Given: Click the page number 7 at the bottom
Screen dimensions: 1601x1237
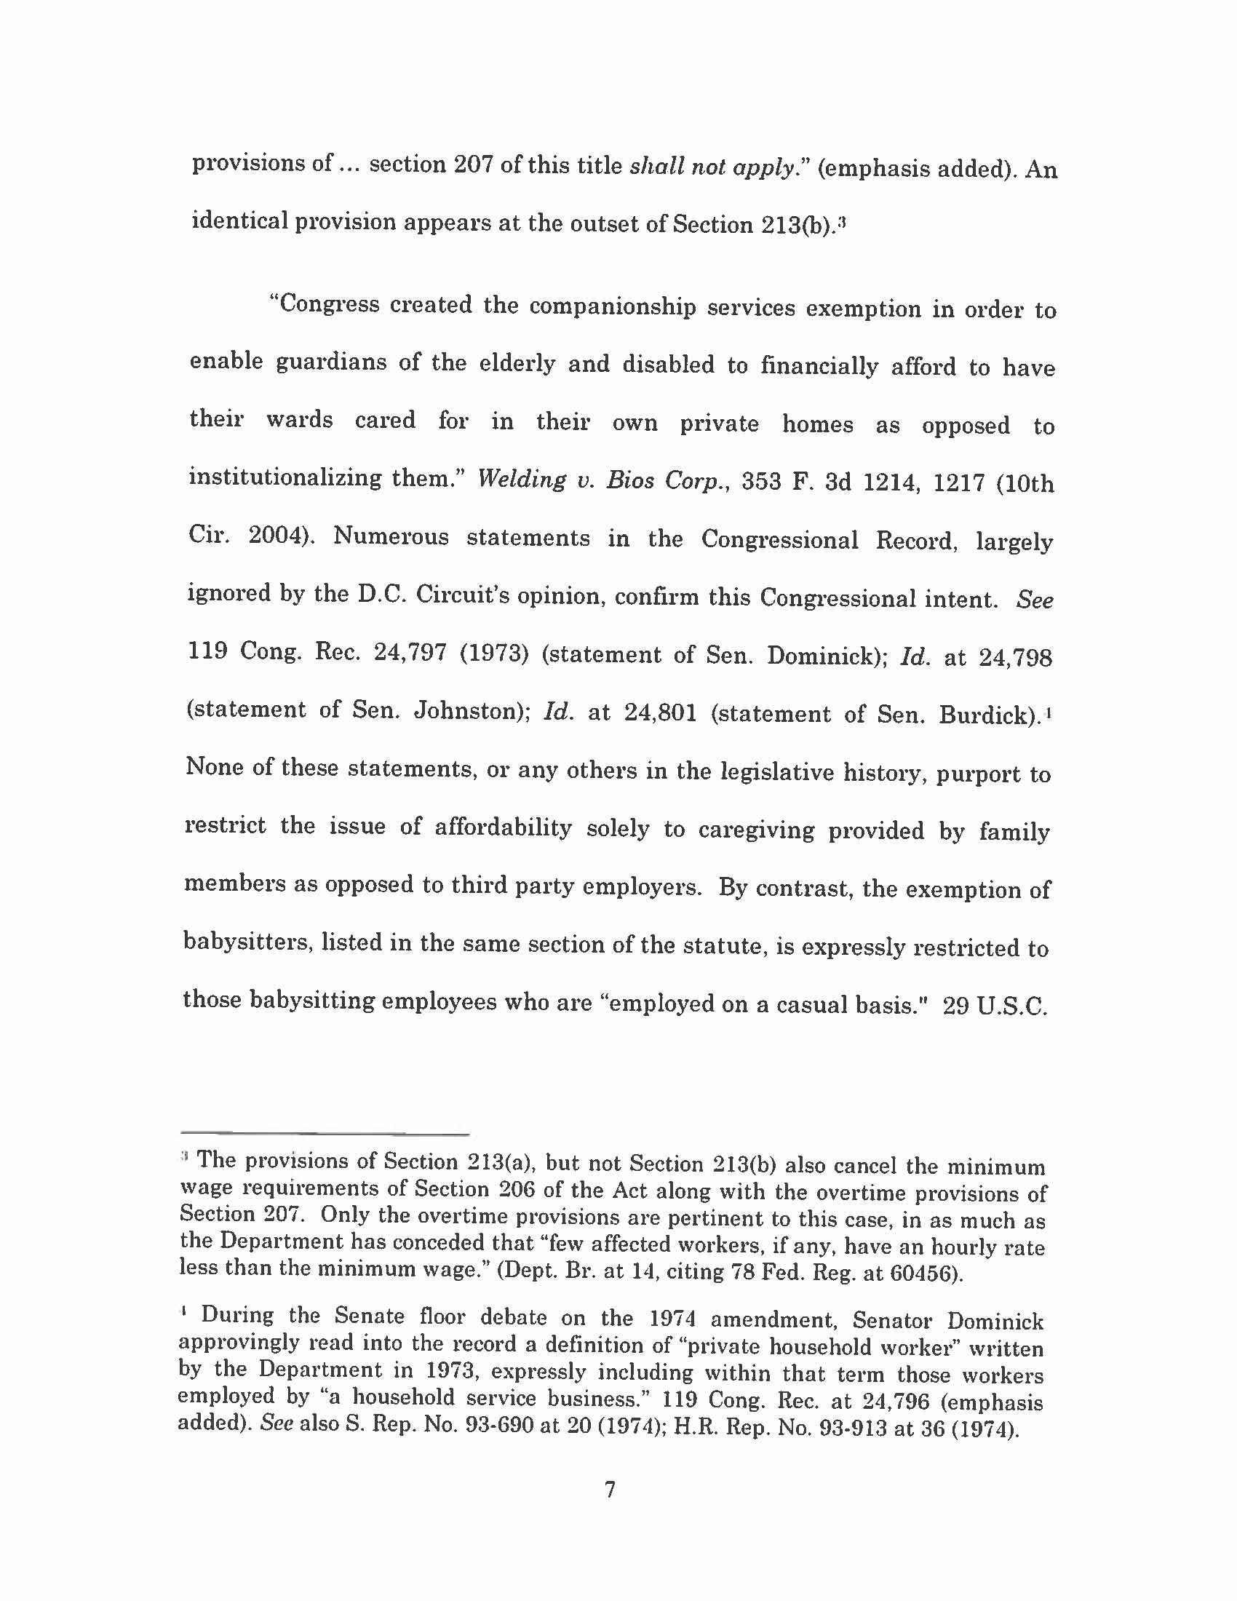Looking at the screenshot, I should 609,1490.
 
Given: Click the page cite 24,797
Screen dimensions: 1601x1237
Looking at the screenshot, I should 410,653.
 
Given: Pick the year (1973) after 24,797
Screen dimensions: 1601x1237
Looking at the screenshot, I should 494,653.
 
